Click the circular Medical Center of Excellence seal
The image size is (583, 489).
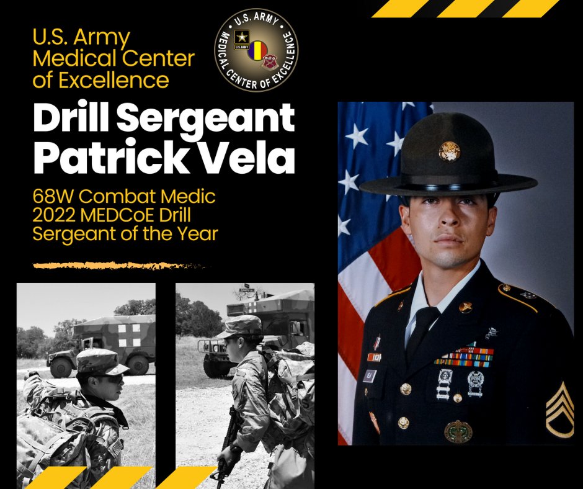pos(256,50)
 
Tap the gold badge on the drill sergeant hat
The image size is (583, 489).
pos(448,151)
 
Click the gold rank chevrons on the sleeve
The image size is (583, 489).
pos(559,410)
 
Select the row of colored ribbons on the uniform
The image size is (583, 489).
pos(463,357)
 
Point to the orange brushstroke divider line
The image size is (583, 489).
pos(121,266)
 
